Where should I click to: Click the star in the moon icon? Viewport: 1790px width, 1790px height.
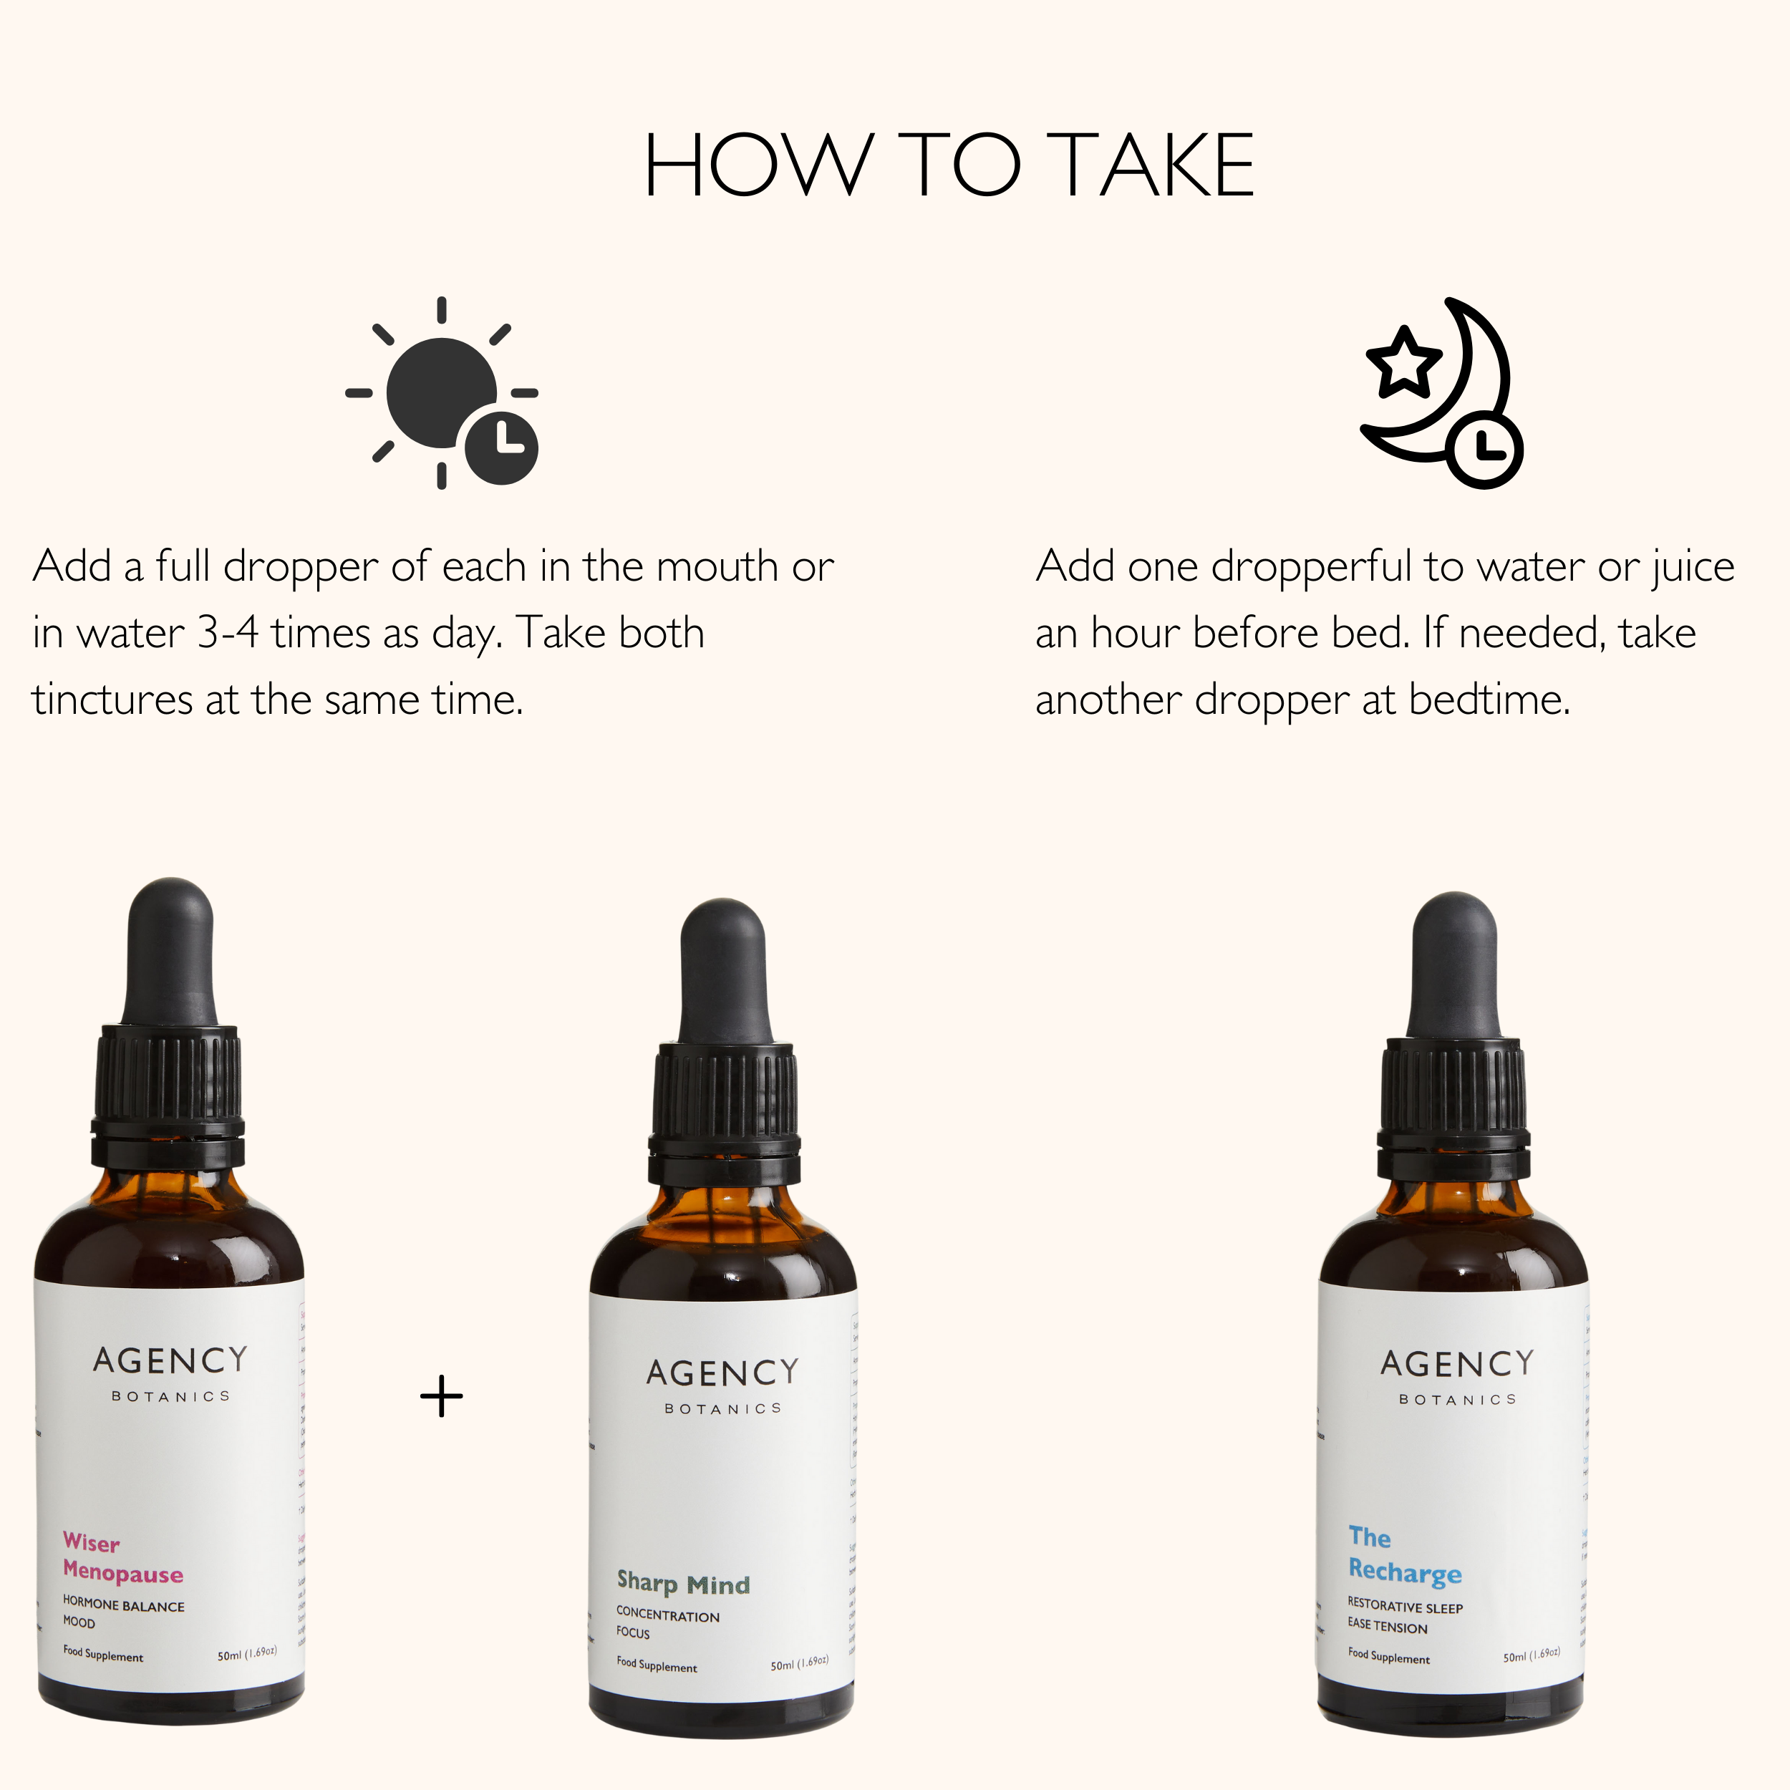[x=1403, y=362]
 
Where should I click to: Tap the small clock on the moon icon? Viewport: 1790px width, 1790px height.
[x=1484, y=451]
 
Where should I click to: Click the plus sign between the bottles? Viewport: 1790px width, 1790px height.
[x=441, y=1396]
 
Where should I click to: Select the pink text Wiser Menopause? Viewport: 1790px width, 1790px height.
[x=122, y=1559]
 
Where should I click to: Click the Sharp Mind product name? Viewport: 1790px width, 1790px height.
[x=683, y=1583]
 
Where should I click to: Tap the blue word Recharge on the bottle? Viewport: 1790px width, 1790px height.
[x=1405, y=1572]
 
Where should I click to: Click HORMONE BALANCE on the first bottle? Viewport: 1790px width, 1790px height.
[x=123, y=1605]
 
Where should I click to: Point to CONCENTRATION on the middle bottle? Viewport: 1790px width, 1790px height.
[x=667, y=1616]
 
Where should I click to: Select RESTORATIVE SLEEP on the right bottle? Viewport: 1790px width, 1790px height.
[x=1405, y=1607]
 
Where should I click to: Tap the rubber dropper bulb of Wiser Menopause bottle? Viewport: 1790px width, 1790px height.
[x=170, y=949]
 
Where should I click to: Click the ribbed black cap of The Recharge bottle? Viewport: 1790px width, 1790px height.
[x=1453, y=1084]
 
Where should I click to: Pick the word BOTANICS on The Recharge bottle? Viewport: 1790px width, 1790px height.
[x=1457, y=1400]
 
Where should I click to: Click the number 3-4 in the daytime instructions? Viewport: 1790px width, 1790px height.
[x=228, y=633]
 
